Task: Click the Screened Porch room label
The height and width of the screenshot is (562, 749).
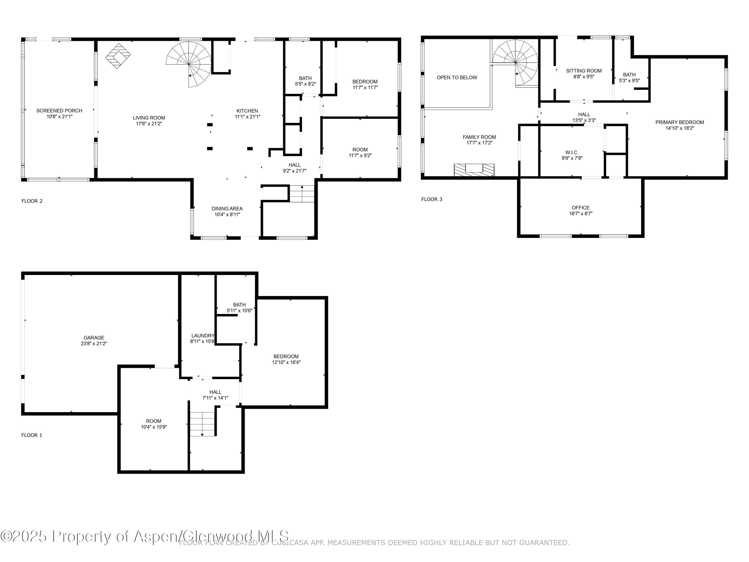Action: click(x=59, y=111)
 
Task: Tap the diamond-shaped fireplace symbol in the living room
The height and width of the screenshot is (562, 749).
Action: click(x=118, y=56)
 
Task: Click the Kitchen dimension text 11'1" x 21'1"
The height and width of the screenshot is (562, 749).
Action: click(x=247, y=117)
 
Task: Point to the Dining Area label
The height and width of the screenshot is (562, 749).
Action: click(x=227, y=209)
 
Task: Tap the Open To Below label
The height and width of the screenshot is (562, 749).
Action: click(x=457, y=78)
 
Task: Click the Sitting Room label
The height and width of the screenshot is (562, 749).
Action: click(x=584, y=71)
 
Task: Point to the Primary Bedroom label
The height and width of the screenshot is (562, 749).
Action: click(x=679, y=122)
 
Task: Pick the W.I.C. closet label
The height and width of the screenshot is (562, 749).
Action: click(x=572, y=152)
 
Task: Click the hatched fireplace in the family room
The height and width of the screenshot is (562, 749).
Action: click(x=474, y=170)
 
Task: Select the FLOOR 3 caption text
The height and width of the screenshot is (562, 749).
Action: click(x=431, y=199)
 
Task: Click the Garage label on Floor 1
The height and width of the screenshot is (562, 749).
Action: click(x=94, y=338)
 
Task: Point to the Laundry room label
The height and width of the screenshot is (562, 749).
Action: click(x=202, y=336)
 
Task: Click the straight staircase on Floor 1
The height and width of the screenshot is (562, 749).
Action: click(x=202, y=423)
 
